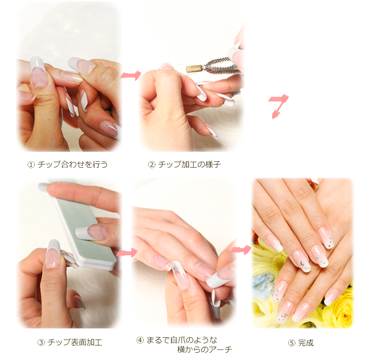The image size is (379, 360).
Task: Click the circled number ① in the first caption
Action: (31, 165)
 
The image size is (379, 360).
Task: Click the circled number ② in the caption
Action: (151, 165)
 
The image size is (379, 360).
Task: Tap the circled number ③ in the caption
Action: (41, 343)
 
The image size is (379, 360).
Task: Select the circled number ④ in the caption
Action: (140, 341)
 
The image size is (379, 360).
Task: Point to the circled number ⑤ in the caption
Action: (292, 343)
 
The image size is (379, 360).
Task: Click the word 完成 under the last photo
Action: (306, 343)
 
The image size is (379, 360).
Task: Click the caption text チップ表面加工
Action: (75, 343)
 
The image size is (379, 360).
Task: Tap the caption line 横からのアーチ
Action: (205, 349)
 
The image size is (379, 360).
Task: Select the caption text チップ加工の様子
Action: (189, 164)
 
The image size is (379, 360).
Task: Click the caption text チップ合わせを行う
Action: (72, 164)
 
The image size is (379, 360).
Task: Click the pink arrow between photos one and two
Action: (131, 75)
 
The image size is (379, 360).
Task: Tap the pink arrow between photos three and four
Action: (127, 253)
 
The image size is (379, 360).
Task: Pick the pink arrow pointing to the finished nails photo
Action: (241, 249)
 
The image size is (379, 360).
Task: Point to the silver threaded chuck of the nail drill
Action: (217, 65)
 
